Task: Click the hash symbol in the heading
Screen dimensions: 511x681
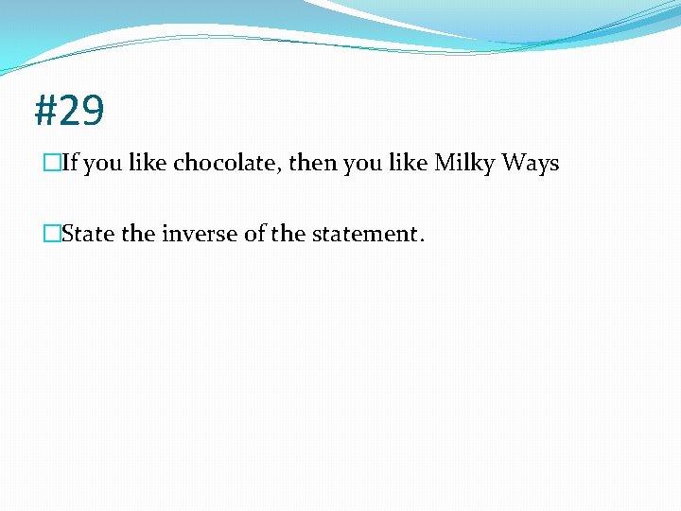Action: [x=46, y=112]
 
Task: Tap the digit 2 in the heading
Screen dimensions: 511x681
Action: [x=69, y=112]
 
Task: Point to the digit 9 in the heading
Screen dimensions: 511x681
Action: [x=92, y=112]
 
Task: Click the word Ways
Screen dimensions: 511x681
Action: [x=531, y=164]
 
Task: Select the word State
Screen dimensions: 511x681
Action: [x=88, y=234]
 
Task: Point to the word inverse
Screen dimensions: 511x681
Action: [x=200, y=234]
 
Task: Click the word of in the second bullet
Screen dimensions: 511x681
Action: [x=254, y=234]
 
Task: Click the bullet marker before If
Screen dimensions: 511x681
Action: [x=52, y=164]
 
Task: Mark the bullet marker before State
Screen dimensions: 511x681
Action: [x=52, y=234]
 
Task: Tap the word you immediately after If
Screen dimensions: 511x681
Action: [x=103, y=164]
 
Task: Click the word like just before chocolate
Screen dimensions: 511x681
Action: [x=148, y=164]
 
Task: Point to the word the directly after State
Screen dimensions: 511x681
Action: [x=137, y=234]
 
